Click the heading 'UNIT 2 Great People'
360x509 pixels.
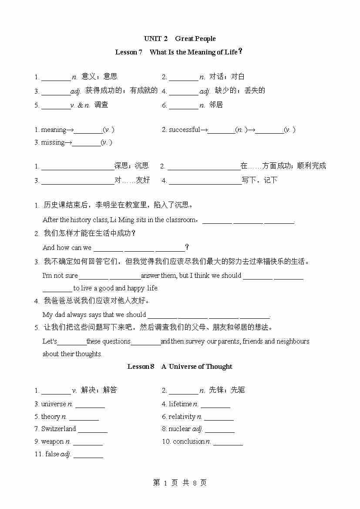[180, 39]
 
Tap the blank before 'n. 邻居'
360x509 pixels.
[183, 105]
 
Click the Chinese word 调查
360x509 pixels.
[101, 105]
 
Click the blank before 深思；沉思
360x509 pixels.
[77, 167]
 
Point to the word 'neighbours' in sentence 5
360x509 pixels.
[293, 341]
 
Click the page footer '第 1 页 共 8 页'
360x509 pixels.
[180, 483]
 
